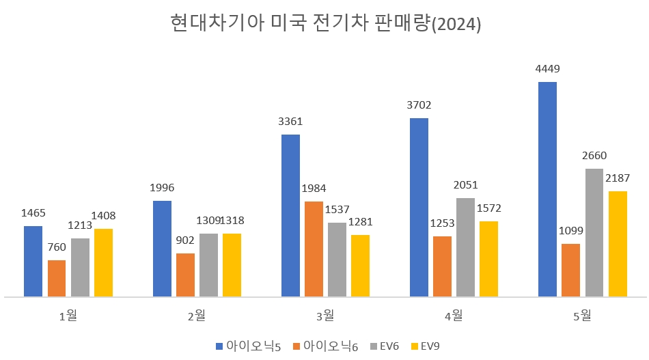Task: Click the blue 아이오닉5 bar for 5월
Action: [547, 189]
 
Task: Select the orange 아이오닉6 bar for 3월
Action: [314, 249]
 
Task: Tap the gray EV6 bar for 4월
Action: [465, 247]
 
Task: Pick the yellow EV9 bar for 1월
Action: [104, 262]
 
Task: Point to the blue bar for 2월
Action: [162, 249]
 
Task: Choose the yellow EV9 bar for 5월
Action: [618, 244]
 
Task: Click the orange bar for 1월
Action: [57, 278]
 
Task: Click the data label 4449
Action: [547, 68]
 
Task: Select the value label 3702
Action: [419, 105]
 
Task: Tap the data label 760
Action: [57, 247]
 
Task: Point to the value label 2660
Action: [594, 155]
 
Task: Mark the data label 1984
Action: [314, 188]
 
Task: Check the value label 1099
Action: [571, 230]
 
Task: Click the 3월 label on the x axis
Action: [324, 316]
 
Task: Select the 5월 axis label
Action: [583, 316]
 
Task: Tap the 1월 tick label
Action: [68, 316]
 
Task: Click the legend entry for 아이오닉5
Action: [248, 346]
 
